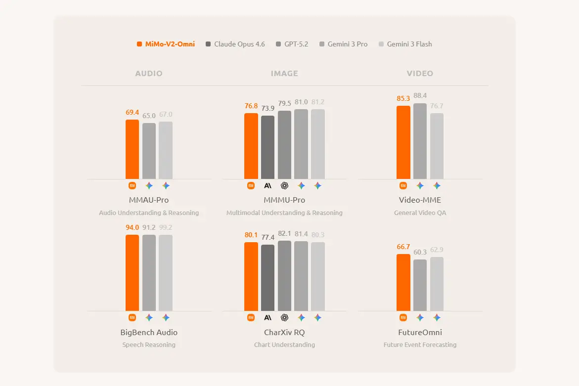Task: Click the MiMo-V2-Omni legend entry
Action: coord(166,44)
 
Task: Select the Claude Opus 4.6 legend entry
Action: coord(235,44)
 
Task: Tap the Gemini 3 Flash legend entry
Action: coord(405,44)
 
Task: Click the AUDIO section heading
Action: coord(149,73)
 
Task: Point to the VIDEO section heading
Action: coord(420,73)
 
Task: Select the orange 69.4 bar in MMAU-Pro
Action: coord(132,149)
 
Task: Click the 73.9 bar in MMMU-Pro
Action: coord(267,147)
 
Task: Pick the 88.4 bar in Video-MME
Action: coord(420,141)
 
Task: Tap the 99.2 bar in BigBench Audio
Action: coord(166,273)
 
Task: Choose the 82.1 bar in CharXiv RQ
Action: coord(284,276)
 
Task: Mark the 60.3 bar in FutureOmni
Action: coord(420,285)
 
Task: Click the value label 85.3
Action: coord(403,98)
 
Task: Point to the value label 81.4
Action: coord(301,234)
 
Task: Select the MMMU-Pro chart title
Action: coord(284,200)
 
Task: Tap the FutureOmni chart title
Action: coord(420,332)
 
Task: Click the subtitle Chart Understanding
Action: coord(284,344)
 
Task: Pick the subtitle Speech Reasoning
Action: coord(149,344)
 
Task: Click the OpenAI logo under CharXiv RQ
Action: coord(284,318)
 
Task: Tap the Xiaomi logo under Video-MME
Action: coord(403,186)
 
